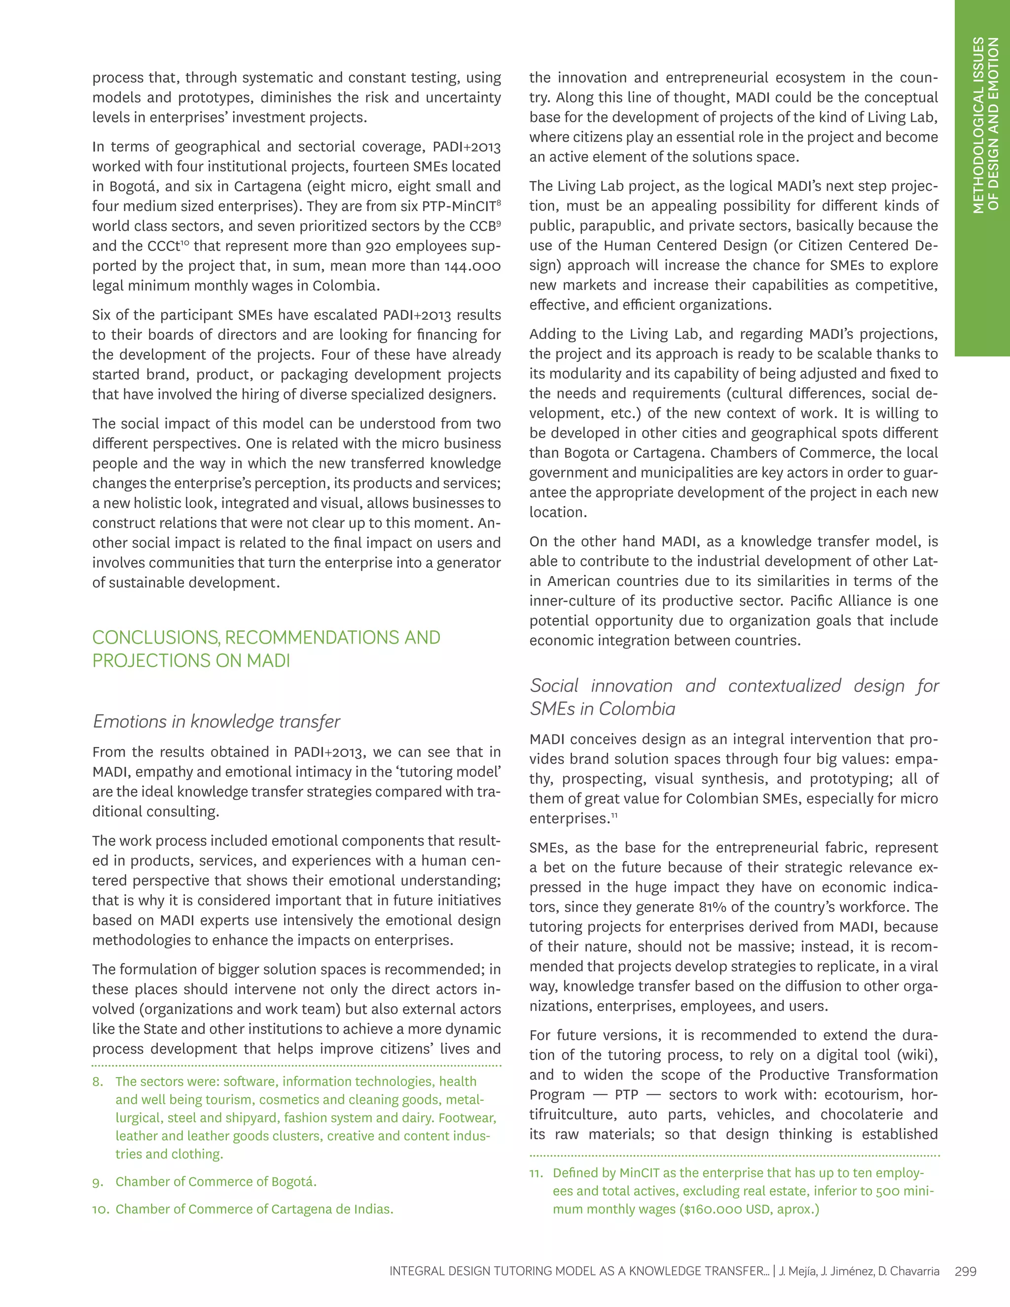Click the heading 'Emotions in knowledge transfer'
tap(216, 722)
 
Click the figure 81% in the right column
tap(712, 907)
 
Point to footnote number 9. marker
tap(98, 1182)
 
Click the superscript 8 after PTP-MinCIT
tap(499, 203)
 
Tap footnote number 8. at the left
tap(98, 1082)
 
